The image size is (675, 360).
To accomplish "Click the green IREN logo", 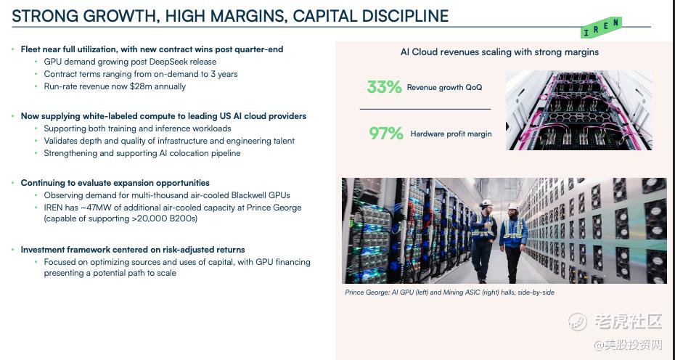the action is (x=601, y=27).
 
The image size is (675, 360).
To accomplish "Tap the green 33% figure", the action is (x=384, y=87).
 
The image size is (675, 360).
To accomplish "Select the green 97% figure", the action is (x=385, y=134).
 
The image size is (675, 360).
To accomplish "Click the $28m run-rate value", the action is (x=140, y=86).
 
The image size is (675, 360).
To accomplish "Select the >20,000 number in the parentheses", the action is (x=150, y=218).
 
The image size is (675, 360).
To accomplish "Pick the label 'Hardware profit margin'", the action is (x=451, y=134).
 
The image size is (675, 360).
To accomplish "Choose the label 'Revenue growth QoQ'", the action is (x=444, y=87).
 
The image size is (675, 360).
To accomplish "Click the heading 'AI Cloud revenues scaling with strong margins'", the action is (x=499, y=52).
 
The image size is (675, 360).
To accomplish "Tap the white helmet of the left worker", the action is (x=486, y=202).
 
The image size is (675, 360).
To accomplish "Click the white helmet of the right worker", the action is (x=512, y=206).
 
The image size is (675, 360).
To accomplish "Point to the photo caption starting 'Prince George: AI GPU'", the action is (x=449, y=292).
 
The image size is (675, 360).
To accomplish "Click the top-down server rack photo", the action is (x=579, y=110).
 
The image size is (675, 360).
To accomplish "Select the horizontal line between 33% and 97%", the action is (x=425, y=109).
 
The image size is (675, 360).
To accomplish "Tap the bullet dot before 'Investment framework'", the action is (x=13, y=250).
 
